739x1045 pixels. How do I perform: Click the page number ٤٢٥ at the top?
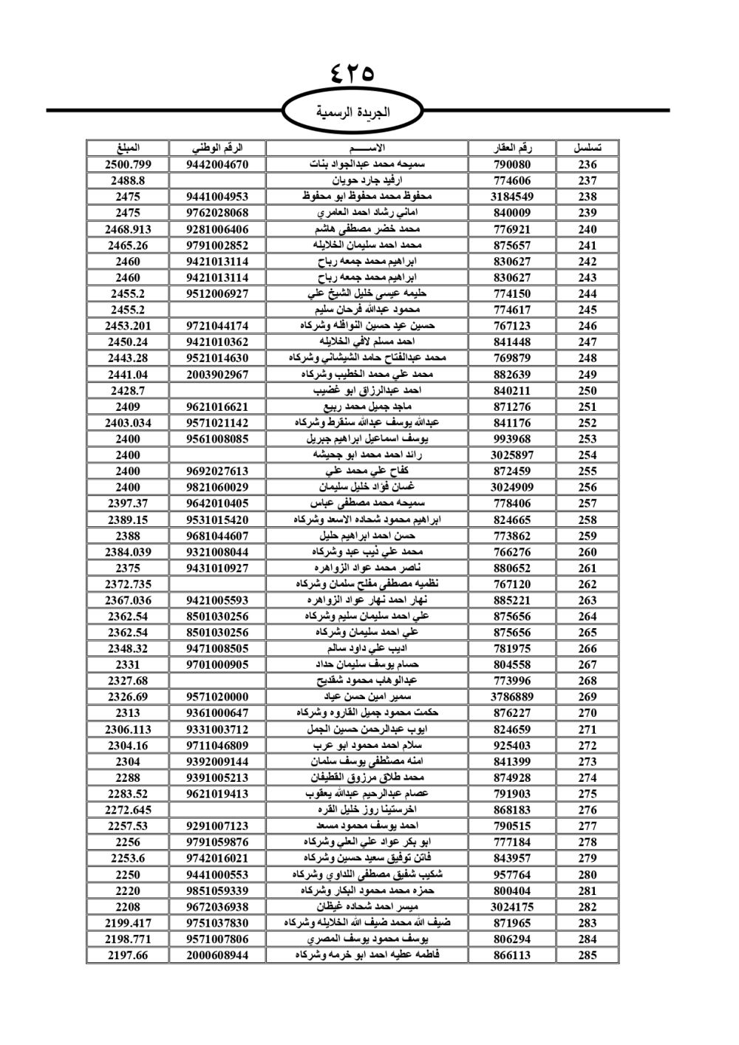pos(353,72)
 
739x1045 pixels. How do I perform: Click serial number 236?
pos(588,165)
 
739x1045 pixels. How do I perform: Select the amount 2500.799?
pos(128,165)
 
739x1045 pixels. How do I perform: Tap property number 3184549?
pos(512,197)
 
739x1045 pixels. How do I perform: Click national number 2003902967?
pos(217,375)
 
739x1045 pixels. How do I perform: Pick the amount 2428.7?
pos(128,390)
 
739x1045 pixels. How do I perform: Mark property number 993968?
pos(512,439)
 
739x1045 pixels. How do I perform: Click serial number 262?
pos(588,585)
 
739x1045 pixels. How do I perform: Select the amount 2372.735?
pos(128,585)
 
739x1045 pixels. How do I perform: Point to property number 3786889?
pos(512,697)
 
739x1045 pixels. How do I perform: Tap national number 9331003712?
pos(217,729)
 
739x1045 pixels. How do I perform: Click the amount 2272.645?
pos(128,810)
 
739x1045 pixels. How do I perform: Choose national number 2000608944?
pos(217,956)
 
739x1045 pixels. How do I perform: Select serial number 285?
pos(588,956)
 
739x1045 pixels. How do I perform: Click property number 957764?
pos(512,875)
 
